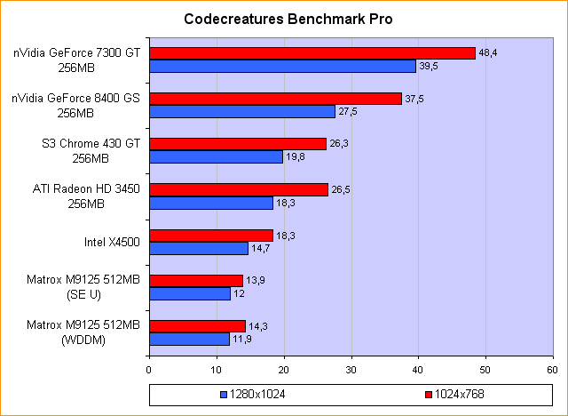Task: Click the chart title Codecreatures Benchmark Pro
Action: click(x=288, y=19)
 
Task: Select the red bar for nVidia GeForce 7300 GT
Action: click(x=312, y=53)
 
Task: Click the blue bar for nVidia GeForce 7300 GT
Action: click(x=282, y=66)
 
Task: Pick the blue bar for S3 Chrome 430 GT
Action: click(x=216, y=157)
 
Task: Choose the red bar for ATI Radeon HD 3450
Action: click(x=238, y=189)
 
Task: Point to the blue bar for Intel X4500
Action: click(x=199, y=248)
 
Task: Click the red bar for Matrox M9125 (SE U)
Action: click(x=195, y=281)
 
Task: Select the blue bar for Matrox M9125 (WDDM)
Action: click(x=189, y=339)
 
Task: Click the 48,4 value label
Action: click(x=488, y=53)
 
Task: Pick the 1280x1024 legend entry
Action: click(x=255, y=393)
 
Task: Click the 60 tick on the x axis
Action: click(x=553, y=368)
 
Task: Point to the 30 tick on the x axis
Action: click(x=351, y=368)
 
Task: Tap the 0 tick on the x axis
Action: click(x=149, y=368)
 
